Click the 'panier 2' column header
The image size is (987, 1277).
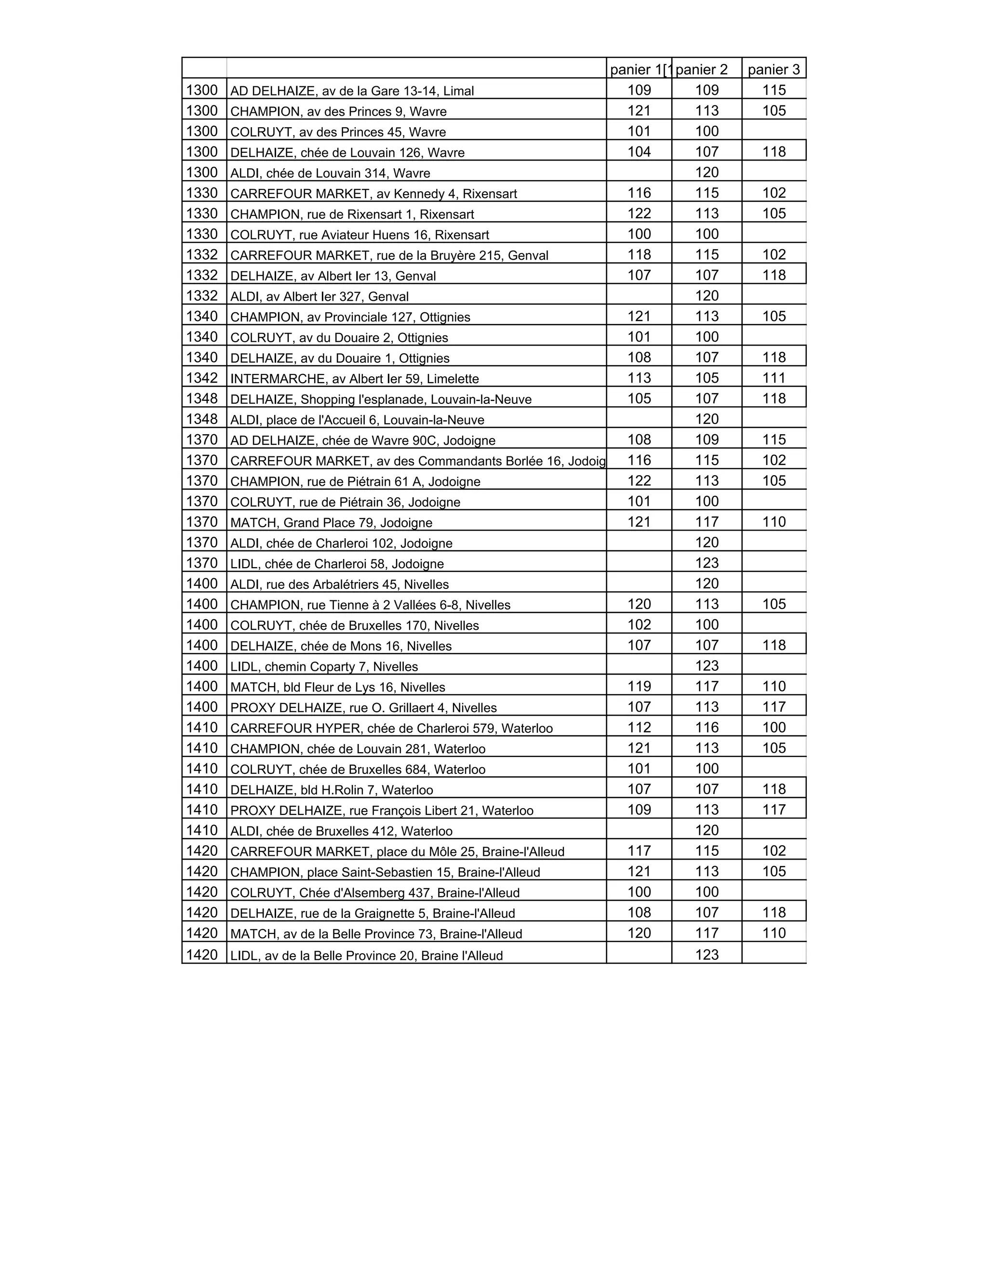[x=701, y=69]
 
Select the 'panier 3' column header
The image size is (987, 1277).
[x=774, y=69]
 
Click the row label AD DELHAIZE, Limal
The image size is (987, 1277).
[x=352, y=91]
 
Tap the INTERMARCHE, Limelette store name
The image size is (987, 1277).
[x=354, y=378]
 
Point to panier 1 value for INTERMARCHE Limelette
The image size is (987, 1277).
[x=639, y=378]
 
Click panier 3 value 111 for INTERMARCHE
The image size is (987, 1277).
[x=774, y=378]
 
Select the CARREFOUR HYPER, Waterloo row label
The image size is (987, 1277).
[x=391, y=728]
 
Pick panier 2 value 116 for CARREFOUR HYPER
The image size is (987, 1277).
[x=707, y=727]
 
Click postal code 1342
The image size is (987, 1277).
[x=202, y=378]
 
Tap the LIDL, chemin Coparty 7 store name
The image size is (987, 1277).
[x=324, y=666]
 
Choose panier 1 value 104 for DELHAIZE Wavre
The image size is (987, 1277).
[x=639, y=152]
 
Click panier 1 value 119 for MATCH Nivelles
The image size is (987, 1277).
[x=639, y=686]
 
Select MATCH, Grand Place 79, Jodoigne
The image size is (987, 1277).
[x=331, y=523]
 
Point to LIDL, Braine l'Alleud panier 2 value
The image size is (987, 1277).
[x=707, y=955]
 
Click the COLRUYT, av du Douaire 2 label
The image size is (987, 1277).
[x=339, y=337]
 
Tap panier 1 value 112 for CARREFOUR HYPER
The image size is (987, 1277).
[x=639, y=727]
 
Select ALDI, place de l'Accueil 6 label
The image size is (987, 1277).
[x=357, y=420]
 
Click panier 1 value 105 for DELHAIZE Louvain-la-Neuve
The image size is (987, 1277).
[x=639, y=398]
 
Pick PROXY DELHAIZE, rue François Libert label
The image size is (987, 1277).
[x=382, y=811]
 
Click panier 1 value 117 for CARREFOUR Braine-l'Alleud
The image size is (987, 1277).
[x=639, y=851]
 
